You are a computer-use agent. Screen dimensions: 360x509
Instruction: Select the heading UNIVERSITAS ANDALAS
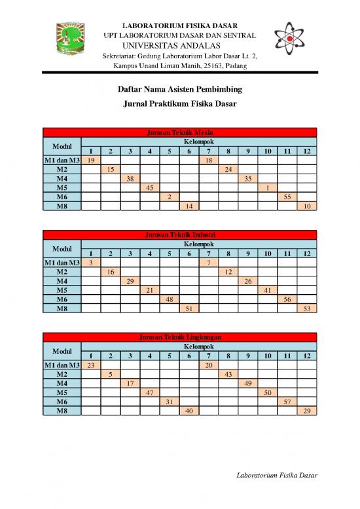tap(180, 45)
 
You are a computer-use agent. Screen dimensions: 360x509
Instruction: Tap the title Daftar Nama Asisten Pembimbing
tap(180, 88)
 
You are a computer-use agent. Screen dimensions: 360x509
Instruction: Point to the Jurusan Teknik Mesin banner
tap(180, 132)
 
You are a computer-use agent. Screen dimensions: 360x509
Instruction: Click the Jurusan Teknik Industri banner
tap(180, 235)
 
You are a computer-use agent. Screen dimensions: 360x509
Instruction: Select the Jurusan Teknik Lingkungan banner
tap(180, 337)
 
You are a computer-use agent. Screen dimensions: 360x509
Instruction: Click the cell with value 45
tap(150, 187)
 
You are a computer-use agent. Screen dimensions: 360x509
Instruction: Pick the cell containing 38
tap(130, 178)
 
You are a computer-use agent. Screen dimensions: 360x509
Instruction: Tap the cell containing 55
tap(287, 197)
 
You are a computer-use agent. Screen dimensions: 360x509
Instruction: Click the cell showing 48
tap(170, 299)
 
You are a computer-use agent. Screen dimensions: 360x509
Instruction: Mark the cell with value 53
tap(307, 308)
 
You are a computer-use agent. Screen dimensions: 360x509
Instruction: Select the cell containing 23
tap(91, 365)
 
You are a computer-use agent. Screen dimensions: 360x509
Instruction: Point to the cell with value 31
tap(170, 401)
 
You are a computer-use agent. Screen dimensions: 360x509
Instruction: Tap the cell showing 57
tap(287, 401)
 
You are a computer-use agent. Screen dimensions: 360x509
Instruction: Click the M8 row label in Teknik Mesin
tap(62, 206)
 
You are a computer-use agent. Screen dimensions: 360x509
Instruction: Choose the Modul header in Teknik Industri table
tap(62, 249)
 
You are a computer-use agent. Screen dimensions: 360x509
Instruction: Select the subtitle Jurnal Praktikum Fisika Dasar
tap(180, 104)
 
